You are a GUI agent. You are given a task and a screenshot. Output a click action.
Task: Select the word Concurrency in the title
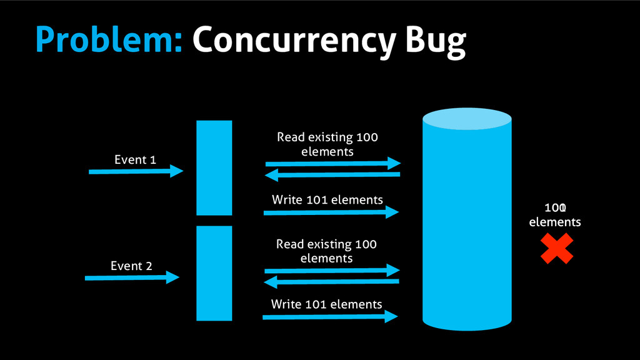click(293, 41)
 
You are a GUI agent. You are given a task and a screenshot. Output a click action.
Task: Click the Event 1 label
click(135, 160)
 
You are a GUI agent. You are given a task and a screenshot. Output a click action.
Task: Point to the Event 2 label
click(131, 266)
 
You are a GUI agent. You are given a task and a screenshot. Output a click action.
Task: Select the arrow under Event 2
click(132, 277)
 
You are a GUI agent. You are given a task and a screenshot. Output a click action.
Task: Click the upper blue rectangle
click(214, 167)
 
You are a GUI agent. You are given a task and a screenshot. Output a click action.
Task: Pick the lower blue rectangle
click(214, 273)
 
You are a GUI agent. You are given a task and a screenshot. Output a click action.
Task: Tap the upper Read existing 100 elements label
click(327, 144)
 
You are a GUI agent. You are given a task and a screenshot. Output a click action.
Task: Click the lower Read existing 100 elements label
click(327, 251)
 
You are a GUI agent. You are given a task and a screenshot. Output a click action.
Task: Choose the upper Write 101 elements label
click(327, 200)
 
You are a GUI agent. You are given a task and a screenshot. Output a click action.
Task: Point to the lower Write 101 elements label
click(326, 304)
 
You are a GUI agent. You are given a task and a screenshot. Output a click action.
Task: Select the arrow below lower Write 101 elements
click(330, 317)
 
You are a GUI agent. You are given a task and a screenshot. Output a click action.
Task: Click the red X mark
click(556, 248)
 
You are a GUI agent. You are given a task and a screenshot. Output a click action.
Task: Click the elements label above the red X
click(555, 222)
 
